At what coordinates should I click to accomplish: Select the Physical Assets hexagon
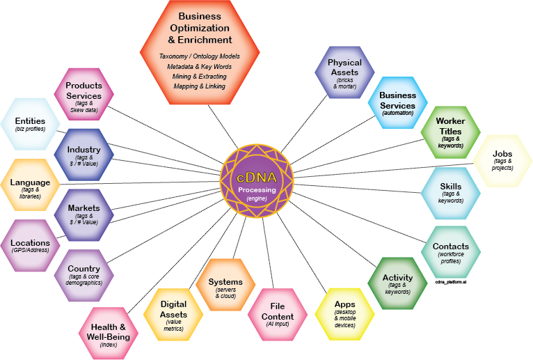click(344, 72)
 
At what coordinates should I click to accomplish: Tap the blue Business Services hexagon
click(397, 102)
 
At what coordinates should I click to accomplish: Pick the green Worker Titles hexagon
click(450, 132)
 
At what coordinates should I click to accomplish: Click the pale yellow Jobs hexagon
click(502, 161)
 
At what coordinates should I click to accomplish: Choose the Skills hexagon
click(450, 193)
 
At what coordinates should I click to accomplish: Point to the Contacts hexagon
click(450, 251)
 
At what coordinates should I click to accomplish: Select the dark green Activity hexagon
click(397, 283)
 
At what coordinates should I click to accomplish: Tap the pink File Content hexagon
click(278, 313)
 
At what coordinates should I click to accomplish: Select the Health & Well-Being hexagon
click(109, 332)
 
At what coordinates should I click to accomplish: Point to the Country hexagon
click(83, 274)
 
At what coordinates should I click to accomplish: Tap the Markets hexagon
click(83, 214)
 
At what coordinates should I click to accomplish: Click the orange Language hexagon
click(31, 186)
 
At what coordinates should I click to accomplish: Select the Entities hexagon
click(31, 125)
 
